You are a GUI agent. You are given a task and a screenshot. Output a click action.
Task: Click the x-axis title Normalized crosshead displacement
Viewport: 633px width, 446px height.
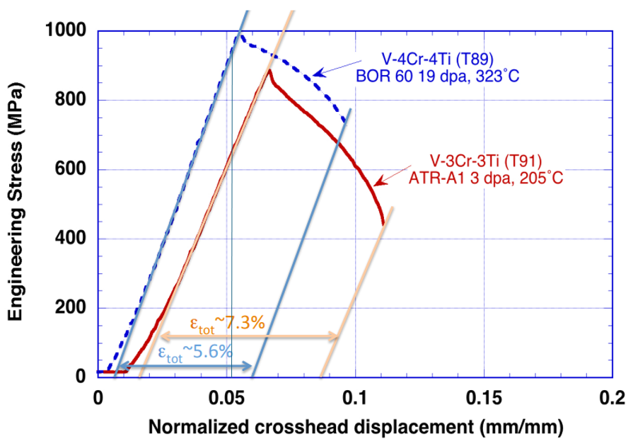pos(356,427)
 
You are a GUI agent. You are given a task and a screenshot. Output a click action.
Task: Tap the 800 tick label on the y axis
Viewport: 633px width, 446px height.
pos(71,100)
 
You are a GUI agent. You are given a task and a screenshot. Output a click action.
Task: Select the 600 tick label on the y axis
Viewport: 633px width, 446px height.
pos(71,169)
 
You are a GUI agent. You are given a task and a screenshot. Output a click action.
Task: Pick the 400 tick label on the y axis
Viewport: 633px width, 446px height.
pos(71,239)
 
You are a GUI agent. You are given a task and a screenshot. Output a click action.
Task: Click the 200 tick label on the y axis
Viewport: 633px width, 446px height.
pos(71,308)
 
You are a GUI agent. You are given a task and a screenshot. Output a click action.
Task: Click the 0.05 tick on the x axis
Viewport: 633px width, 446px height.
pos(226,396)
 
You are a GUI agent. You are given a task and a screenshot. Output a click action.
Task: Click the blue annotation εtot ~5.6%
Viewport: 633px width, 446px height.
pos(194,352)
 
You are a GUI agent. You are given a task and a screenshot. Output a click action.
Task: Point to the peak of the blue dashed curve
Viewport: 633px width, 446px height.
pos(239,33)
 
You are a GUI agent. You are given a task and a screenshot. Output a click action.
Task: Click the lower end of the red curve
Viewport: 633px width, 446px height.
pos(383,224)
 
